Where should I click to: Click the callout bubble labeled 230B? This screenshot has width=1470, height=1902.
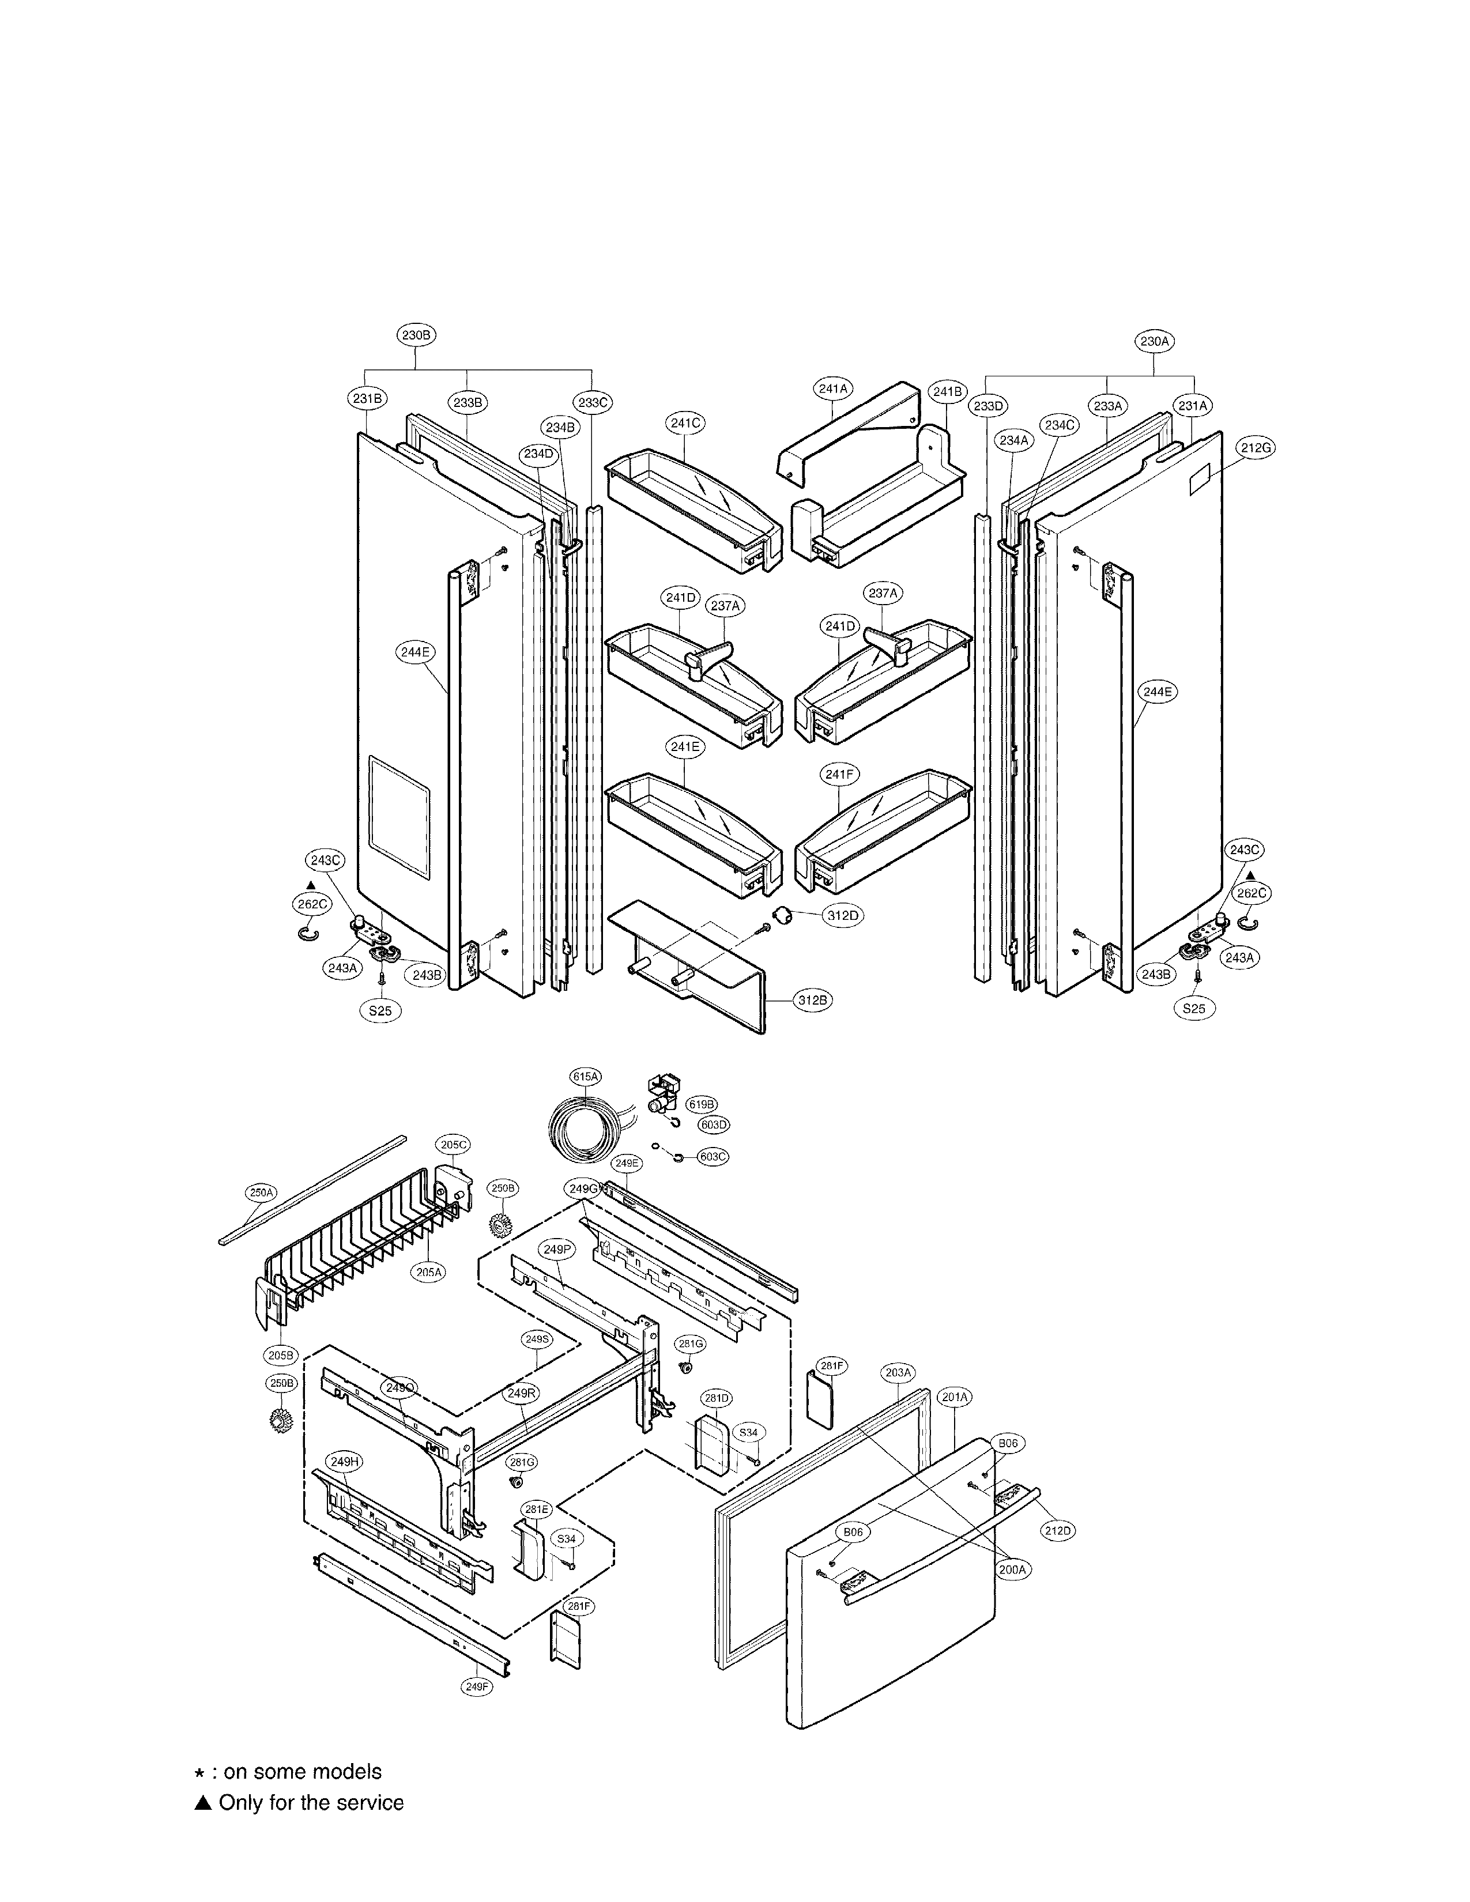tap(416, 334)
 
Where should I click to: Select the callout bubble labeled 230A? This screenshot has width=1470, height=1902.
tap(1154, 341)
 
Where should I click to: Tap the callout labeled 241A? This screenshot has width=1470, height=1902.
tap(834, 389)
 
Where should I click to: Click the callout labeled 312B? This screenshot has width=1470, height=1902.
tap(812, 1001)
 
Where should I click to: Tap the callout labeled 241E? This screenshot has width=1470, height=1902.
tap(685, 746)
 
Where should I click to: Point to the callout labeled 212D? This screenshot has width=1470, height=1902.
tap(1058, 1530)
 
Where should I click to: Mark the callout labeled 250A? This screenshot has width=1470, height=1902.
tap(261, 1192)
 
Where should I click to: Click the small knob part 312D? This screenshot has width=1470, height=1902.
tap(786, 915)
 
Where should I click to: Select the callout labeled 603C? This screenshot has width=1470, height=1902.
tap(713, 1157)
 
